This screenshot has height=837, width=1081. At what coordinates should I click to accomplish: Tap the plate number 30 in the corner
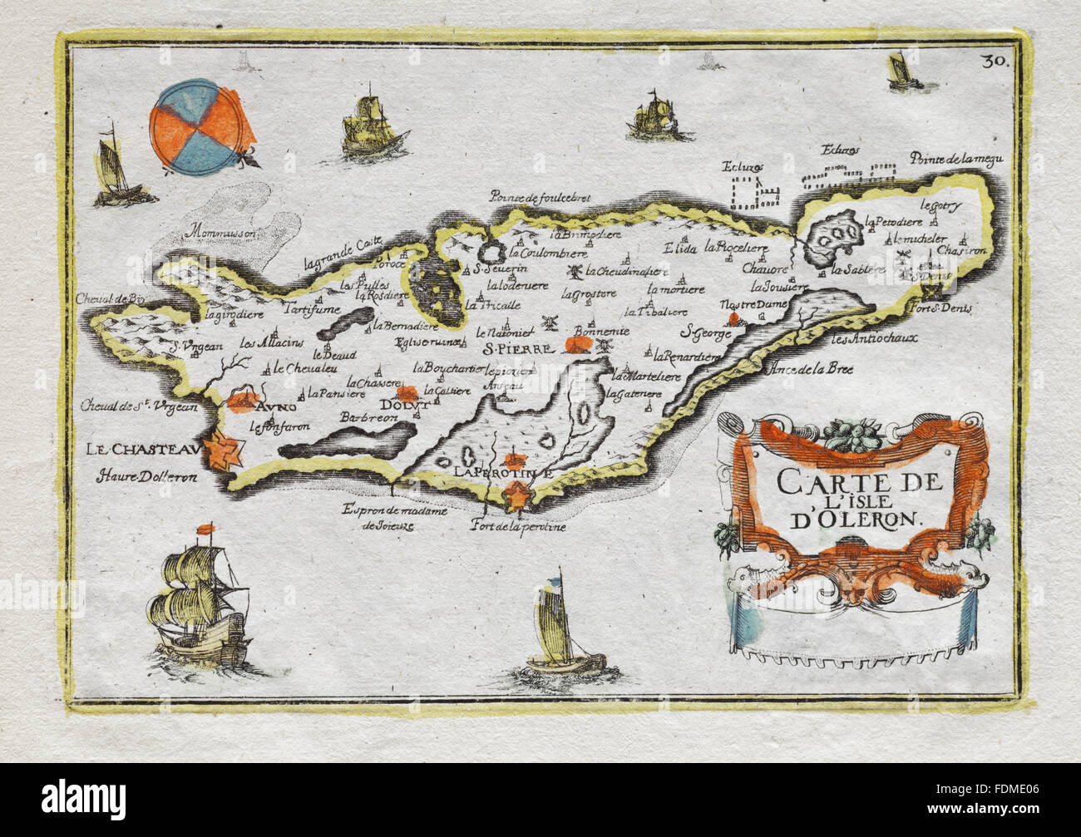click(993, 60)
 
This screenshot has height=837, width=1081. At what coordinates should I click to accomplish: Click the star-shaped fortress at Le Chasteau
click(225, 454)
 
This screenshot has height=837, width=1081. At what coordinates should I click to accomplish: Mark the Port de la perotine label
click(517, 526)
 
